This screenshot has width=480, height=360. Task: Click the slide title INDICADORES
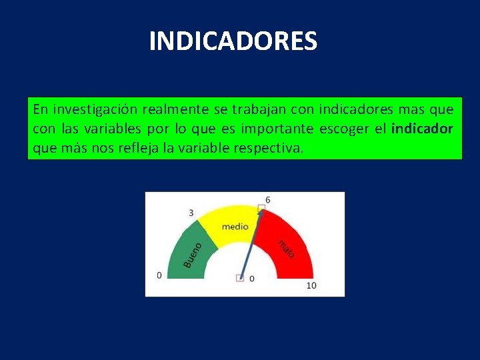pyautogui.click(x=233, y=41)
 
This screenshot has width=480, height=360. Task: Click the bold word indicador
pyautogui.click(x=422, y=128)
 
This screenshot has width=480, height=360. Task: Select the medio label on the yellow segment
pyautogui.click(x=235, y=227)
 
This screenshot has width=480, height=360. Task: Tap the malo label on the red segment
pyautogui.click(x=285, y=249)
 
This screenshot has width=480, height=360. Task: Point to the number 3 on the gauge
pyautogui.click(x=191, y=213)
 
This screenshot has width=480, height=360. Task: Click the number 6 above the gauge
pyautogui.click(x=267, y=199)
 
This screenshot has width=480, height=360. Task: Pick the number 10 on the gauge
pyautogui.click(x=311, y=285)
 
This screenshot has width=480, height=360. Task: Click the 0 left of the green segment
pyautogui.click(x=159, y=275)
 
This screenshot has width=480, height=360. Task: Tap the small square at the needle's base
pyautogui.click(x=240, y=278)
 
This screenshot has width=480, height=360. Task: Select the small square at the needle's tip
pyautogui.click(x=262, y=209)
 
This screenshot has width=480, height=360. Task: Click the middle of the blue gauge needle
pyautogui.click(x=251, y=244)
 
